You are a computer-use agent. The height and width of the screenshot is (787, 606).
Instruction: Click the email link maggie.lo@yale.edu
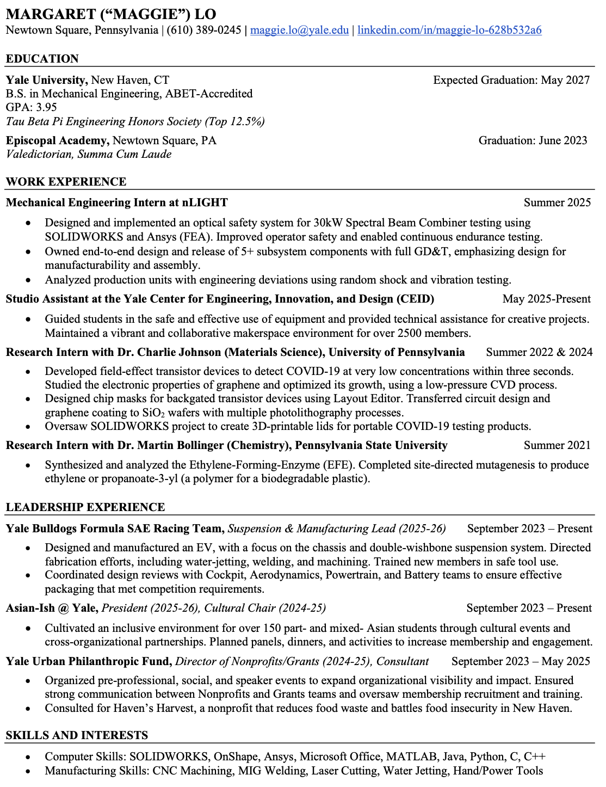click(x=299, y=30)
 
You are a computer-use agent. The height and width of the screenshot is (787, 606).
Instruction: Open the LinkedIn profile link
click(x=449, y=30)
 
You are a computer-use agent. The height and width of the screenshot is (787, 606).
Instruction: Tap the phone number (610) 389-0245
click(x=204, y=30)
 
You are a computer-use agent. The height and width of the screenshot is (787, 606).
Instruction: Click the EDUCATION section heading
click(x=42, y=59)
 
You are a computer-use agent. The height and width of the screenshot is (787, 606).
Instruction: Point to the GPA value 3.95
click(x=47, y=107)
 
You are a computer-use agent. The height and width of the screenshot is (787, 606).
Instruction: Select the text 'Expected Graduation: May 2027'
click(x=511, y=80)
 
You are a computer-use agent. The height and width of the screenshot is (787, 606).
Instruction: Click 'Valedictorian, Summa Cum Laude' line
click(x=89, y=154)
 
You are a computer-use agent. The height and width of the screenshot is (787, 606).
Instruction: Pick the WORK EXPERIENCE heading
click(x=66, y=182)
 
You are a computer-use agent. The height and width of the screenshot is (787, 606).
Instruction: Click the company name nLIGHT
click(x=205, y=202)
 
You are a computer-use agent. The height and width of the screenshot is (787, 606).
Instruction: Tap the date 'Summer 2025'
click(x=557, y=202)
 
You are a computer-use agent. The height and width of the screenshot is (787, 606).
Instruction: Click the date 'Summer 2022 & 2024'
click(x=539, y=352)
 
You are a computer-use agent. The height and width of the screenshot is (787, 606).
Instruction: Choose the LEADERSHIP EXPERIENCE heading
click(x=85, y=507)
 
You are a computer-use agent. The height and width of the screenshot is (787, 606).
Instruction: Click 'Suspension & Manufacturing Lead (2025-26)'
click(x=337, y=528)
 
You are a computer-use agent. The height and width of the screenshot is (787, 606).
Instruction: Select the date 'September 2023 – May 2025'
click(x=521, y=661)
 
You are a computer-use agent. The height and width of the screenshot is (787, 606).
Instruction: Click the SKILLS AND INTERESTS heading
click(x=77, y=735)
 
